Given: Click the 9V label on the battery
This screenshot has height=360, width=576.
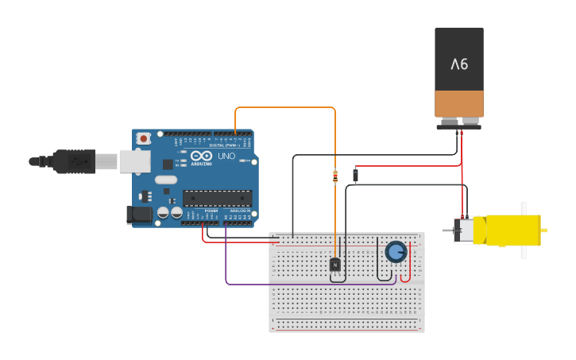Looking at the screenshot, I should pyautogui.click(x=459, y=64).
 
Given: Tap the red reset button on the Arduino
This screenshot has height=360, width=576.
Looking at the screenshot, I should pyautogui.click(x=143, y=138).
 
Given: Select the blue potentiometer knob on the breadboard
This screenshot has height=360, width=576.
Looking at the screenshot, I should pyautogui.click(x=396, y=252).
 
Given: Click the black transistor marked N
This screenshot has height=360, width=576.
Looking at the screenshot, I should pyautogui.click(x=335, y=264).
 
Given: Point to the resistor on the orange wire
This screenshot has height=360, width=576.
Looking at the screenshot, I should pyautogui.click(x=334, y=176).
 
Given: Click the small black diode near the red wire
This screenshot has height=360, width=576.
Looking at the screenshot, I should pyautogui.click(x=355, y=175).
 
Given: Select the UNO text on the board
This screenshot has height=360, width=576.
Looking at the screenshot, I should pyautogui.click(x=226, y=157).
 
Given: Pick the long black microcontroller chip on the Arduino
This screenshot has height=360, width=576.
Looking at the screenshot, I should pyautogui.click(x=217, y=198).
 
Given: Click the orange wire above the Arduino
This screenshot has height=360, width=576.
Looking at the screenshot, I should pyautogui.click(x=286, y=107).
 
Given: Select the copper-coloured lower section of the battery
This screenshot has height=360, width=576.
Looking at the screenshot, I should pyautogui.click(x=459, y=103).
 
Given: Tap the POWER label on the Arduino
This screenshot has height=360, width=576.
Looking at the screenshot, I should pyautogui.click(x=211, y=211).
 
